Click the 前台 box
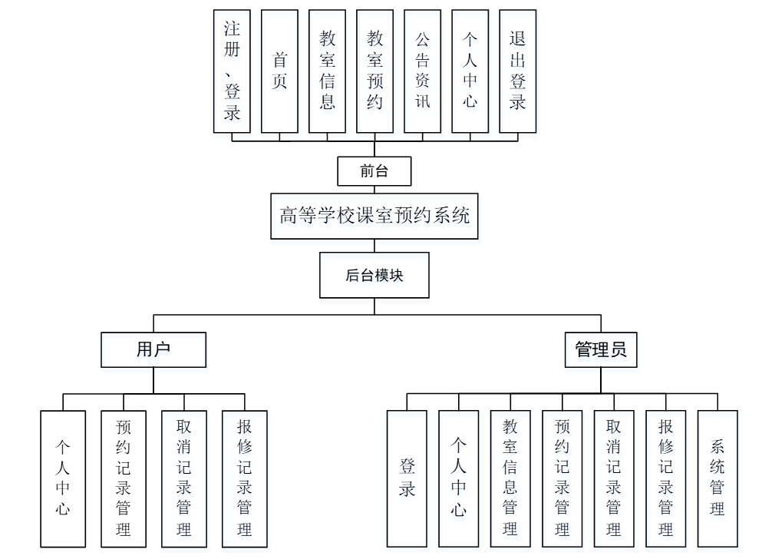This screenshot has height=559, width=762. pos(374,171)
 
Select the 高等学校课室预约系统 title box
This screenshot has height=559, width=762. pos(374,216)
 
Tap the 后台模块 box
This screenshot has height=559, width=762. pos(374,276)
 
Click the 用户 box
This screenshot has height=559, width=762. pos(153,349)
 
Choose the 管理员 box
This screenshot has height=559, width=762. pos(601,349)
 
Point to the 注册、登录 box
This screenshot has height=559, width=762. pos(233,71)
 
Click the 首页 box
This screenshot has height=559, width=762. pos(280,71)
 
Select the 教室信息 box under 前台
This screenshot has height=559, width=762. pos(328,71)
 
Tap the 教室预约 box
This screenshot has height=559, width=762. pos(374,71)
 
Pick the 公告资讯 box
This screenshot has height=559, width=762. pos(423,71)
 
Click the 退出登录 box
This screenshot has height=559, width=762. pos(518,71)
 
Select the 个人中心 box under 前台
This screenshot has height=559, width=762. pos(470,71)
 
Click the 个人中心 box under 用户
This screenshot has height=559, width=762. pos(63,478)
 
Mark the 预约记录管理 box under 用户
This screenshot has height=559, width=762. pos(124,478)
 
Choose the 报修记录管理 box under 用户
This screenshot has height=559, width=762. pos(245,478)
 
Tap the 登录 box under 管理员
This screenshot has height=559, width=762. pos(407,478)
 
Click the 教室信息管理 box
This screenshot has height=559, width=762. pos(510,478)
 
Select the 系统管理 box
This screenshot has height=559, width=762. pos(717,478)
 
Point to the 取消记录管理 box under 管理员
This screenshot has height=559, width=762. pos(614,478)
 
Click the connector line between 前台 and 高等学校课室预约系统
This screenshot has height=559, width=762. pos(374,190)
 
